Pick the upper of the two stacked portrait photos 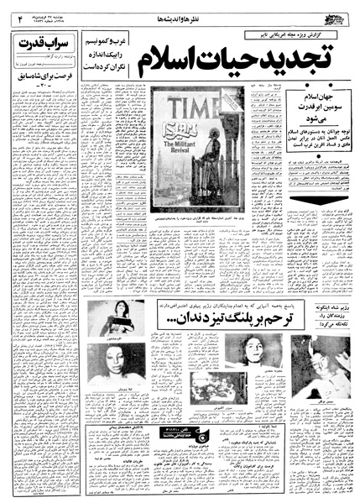coord(116,318)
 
